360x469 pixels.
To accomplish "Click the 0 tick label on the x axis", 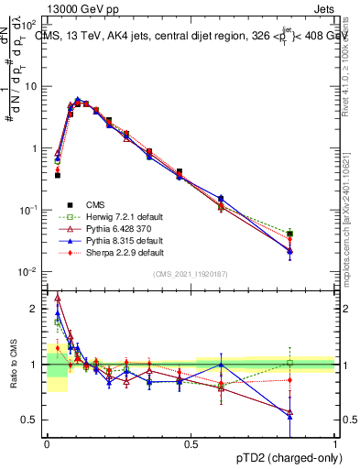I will coord(47,443).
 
